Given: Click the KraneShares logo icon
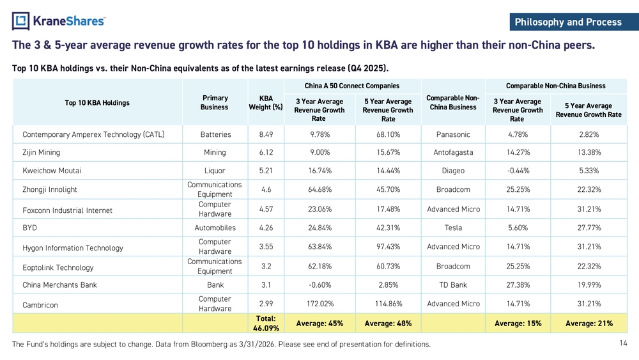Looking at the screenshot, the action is coord(20,21).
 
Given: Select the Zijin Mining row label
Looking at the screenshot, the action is coord(41,152).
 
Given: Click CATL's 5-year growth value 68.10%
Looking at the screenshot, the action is coord(388,134).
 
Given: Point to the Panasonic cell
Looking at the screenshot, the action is coord(453,134).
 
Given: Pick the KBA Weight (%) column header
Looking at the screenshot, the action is coord(266,103).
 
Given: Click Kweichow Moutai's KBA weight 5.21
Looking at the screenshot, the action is coord(266,171).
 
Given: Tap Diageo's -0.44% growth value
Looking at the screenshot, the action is coord(518,171).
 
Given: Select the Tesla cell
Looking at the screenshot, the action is coord(453,228).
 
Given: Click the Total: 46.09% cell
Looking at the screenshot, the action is coord(266,324).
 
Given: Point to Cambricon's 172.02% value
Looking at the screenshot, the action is coord(320,304).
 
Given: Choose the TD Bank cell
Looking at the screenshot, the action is coord(453,285).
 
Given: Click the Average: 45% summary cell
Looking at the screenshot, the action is coord(319,324).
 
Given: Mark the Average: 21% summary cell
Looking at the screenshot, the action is coord(589,324).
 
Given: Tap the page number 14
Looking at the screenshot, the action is coord(623,343).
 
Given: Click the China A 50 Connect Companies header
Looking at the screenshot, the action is coord(351,86).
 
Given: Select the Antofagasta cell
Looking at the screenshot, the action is coord(453,152).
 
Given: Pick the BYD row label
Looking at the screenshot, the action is coord(29,228).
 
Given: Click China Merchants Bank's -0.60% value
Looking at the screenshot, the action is coord(320,285).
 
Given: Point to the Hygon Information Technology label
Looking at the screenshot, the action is coord(73,248).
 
